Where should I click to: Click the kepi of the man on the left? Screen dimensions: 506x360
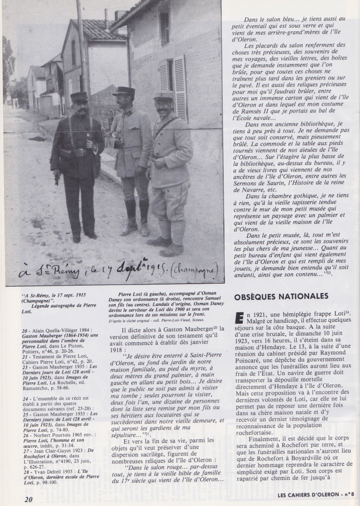pos(79,96)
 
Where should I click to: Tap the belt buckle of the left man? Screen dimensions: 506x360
pos(79,153)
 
